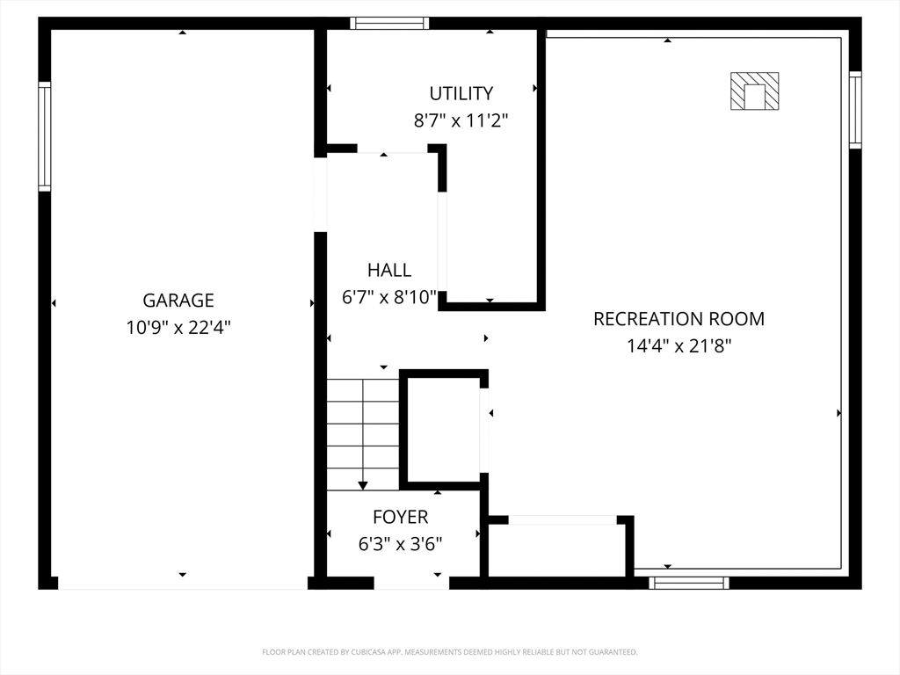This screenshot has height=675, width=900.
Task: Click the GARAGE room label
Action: [178, 301]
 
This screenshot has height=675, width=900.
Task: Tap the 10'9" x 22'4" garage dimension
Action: [178, 327]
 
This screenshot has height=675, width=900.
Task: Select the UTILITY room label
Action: [461, 93]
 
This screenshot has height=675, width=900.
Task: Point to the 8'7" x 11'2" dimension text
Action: [461, 120]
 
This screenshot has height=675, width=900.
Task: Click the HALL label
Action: [389, 270]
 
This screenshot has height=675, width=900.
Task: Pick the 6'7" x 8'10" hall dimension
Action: [389, 297]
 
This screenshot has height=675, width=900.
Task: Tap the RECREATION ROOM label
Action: [679, 318]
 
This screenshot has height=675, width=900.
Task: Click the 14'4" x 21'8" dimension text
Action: [679, 346]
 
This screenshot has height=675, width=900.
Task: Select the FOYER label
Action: [401, 517]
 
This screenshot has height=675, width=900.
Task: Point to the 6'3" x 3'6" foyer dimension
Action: [401, 543]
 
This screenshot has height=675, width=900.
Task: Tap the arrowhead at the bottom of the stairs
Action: [363, 485]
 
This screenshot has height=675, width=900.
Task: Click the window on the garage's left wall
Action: [44, 136]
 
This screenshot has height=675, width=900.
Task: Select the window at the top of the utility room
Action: [389, 23]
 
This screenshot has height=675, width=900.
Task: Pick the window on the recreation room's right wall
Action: [855, 110]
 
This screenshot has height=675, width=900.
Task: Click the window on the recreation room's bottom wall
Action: [689, 584]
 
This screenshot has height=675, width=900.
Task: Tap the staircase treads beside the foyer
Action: [363, 434]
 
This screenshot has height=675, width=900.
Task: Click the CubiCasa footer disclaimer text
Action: [449, 652]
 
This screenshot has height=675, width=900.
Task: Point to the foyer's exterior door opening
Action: [411, 584]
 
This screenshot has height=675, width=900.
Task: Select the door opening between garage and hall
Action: [320, 194]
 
